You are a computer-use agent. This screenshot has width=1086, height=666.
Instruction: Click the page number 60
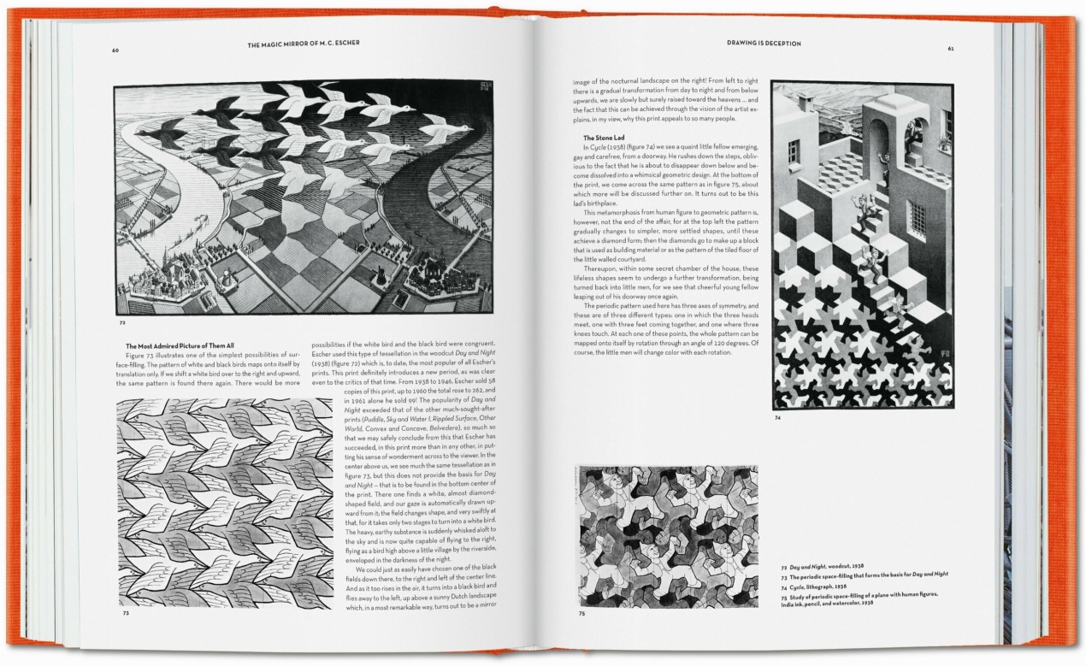tap(115, 50)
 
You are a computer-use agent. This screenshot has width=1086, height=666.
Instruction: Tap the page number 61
tap(950, 48)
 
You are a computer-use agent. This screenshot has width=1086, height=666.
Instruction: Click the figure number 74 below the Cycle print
tap(777, 418)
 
